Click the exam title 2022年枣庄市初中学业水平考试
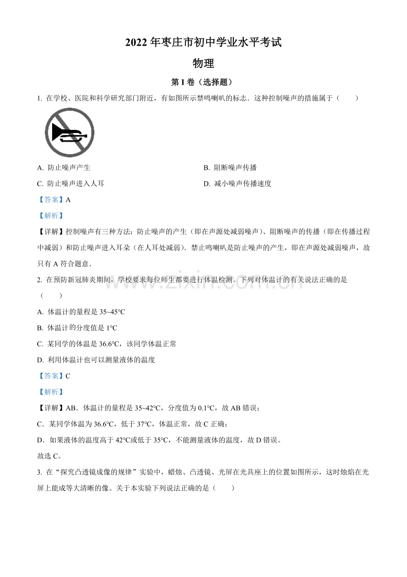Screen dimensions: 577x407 203,43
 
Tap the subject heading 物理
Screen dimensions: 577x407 203,63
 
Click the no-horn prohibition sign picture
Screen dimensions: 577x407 69,133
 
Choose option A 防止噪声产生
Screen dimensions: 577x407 64,168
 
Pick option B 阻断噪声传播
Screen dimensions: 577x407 230,168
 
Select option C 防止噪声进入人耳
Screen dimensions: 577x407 71,183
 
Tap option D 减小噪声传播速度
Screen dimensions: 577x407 238,183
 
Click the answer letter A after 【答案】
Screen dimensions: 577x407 68,200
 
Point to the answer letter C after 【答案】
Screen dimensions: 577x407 68,376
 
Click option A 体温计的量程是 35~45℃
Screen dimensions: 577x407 81,312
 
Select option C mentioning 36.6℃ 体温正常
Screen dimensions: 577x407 107,344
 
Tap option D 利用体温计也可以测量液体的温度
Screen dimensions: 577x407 96,360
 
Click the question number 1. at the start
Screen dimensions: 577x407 40,98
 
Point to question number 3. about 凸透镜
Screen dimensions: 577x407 40,472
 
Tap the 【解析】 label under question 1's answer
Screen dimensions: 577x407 51,216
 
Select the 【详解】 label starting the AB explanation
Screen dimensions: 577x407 51,408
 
